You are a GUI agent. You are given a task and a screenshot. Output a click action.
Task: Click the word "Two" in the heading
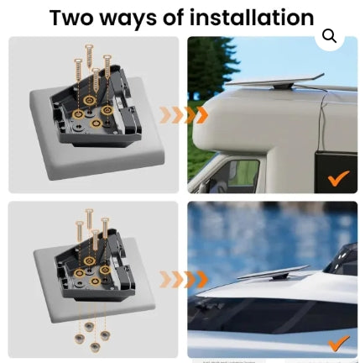coord(71,18)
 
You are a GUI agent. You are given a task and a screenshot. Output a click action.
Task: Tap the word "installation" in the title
coord(252,18)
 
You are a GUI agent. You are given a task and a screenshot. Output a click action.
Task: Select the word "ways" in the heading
coord(129,19)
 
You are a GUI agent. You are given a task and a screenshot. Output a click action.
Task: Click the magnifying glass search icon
coord(329,36)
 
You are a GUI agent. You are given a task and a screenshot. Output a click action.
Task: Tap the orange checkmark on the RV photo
coord(339,178)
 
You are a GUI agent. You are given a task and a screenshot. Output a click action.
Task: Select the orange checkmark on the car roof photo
coord(339,343)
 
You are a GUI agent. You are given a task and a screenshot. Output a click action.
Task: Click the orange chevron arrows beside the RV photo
coord(184,115)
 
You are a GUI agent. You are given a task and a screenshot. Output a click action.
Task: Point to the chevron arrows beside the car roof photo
coord(184,279)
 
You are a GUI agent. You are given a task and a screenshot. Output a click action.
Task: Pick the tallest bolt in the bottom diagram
coord(89,219)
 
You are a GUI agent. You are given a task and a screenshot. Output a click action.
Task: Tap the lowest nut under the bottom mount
coord(95,347)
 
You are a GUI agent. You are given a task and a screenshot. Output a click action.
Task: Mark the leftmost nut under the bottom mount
coord(79,339)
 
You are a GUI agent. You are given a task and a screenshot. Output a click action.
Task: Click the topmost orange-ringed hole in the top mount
coord(90,99)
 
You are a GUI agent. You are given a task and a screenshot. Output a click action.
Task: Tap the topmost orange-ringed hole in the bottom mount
coord(89,260)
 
